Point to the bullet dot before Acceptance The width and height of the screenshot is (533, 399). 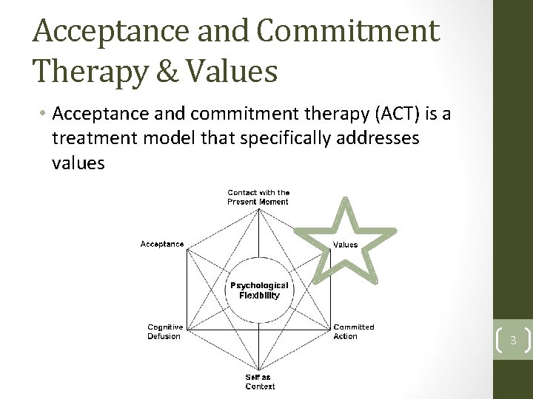tap(44, 115)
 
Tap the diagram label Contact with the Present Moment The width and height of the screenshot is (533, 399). tap(258, 197)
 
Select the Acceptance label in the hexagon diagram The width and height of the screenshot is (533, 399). tap(162, 244)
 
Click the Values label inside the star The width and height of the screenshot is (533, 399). tap(345, 245)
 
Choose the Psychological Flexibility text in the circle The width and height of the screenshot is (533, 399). tap(259, 290)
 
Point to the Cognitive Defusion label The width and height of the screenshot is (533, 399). tap(164, 332)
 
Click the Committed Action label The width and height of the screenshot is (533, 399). tap(353, 332)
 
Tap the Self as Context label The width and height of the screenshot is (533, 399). tap(260, 382)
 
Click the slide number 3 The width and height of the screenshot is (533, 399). tap(512, 341)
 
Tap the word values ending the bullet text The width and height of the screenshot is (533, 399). tap(78, 163)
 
